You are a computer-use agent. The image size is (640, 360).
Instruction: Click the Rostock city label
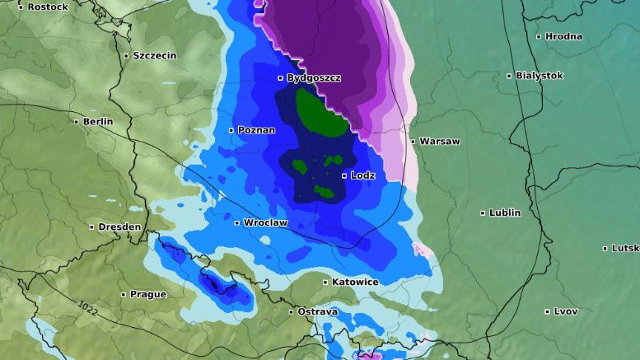click(48, 7)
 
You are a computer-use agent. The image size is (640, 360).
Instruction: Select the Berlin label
click(97, 121)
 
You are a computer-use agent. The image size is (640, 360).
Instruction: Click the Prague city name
click(148, 294)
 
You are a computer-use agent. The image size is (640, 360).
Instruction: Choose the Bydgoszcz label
click(314, 78)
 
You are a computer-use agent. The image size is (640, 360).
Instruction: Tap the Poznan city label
click(256, 130)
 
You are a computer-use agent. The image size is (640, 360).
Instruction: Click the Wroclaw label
click(265, 222)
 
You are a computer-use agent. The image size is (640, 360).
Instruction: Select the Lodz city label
click(362, 175)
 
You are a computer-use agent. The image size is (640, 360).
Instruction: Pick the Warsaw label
click(439, 141)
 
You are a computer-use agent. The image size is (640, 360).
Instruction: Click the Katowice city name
click(355, 282)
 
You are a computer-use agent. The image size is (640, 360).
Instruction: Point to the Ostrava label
click(318, 311)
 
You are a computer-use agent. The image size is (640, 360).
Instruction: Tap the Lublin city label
click(505, 213)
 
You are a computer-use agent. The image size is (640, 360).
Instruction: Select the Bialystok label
click(540, 75)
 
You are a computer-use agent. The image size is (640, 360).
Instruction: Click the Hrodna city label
click(563, 36)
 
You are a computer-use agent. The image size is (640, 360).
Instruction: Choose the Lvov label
click(566, 311)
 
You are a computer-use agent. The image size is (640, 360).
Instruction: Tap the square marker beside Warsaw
click(413, 142)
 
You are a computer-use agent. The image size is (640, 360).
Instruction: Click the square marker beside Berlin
click(77, 122)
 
